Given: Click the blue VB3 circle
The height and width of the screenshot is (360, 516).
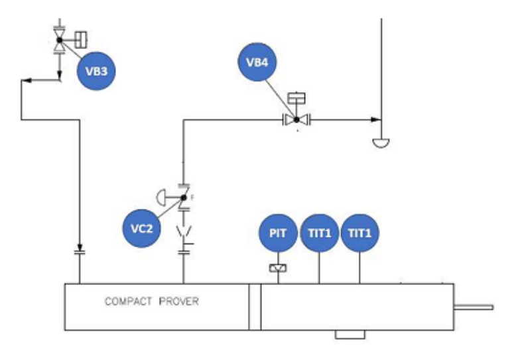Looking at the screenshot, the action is click(96, 71).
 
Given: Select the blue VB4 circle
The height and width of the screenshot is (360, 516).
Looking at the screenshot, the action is click(257, 62).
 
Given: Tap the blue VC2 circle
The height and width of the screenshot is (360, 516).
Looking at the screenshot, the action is click(141, 228).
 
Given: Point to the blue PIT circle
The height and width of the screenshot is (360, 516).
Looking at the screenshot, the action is click(278, 233).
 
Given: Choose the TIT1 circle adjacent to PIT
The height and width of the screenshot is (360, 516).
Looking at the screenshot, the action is click(319, 233).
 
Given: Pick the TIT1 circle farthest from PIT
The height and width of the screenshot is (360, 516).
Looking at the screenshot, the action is click(359, 233).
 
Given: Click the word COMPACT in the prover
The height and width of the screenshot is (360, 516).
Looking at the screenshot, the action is click(129, 301).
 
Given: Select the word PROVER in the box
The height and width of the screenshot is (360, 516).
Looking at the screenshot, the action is click(179, 301).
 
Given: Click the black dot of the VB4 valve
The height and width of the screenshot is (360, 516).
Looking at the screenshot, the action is click(296, 120).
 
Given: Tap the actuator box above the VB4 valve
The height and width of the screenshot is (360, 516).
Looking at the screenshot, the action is click(296, 98).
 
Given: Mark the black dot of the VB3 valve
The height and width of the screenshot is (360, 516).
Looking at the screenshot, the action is click(60, 40).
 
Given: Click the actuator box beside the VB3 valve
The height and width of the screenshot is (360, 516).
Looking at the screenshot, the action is click(81, 40).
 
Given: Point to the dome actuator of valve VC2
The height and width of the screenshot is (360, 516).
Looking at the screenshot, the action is click(161, 198).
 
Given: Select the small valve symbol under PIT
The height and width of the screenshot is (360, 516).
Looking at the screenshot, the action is click(278, 269).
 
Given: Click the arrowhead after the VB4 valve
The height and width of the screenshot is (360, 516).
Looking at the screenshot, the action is click(376, 120).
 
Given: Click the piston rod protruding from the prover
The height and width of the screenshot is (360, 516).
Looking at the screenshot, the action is click(474, 308).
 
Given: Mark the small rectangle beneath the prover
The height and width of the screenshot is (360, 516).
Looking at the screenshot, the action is click(350, 334).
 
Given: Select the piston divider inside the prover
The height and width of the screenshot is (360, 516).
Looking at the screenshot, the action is click(255, 307).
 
